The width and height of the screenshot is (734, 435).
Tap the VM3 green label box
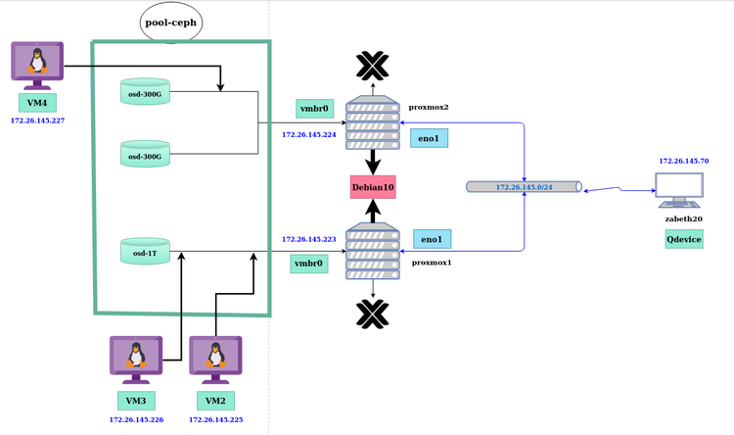coord(135,401)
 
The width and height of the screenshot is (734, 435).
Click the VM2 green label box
coord(215,401)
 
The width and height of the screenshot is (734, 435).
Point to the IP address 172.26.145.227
coord(37,121)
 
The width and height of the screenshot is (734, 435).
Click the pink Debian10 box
coord(373,186)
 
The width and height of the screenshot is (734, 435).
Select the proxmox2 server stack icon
coord(373,121)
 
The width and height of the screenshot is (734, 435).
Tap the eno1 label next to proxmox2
coord(429,138)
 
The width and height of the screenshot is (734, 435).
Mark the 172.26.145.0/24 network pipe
coord(525,186)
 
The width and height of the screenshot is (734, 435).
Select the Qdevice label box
coord(684,239)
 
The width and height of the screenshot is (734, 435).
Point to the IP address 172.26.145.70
coord(683,160)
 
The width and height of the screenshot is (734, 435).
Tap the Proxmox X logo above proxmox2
coord(372,66)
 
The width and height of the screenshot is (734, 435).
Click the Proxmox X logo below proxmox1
coord(372,313)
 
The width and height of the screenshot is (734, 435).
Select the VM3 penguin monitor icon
coord(135,359)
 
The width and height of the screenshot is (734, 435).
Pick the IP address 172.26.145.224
coord(308,135)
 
